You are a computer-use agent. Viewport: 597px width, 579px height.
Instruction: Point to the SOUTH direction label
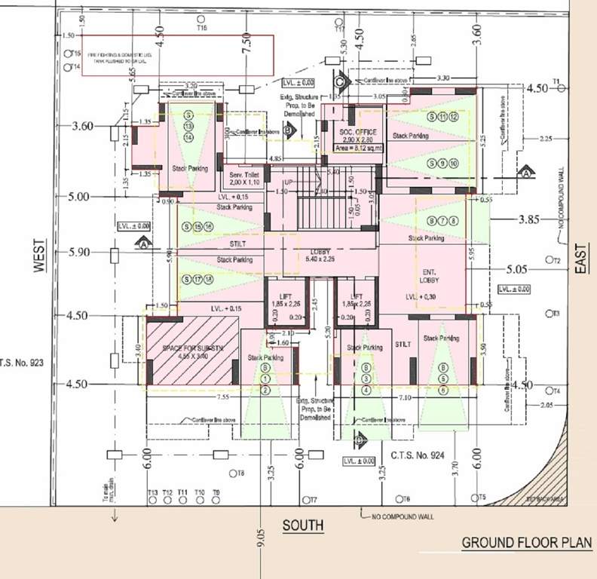303,525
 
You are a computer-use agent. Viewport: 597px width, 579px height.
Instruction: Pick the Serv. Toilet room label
243,176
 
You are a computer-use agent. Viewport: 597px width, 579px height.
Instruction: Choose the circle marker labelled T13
153,500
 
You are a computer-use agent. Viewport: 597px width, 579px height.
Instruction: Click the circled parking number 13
189,126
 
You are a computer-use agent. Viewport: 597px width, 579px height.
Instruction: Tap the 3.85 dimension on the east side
531,221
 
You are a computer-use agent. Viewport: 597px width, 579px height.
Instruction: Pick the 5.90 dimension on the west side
78,253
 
